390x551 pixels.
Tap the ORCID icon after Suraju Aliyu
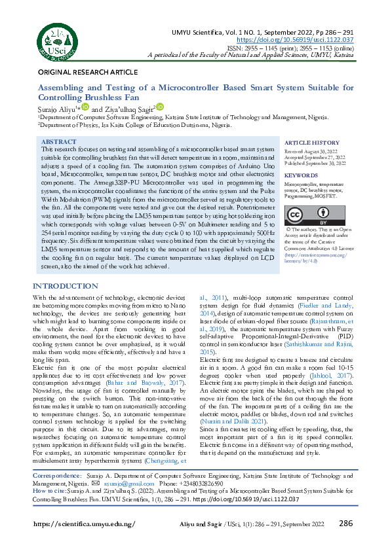[x=85, y=106]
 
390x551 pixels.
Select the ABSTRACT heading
[x=58, y=142]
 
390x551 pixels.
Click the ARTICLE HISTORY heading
[x=312, y=143]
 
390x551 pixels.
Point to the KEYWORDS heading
[x=302, y=175]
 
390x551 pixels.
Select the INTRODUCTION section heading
[x=66, y=287]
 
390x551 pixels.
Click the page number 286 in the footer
[x=346, y=523]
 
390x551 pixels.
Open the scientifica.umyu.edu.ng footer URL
[x=84, y=524]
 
